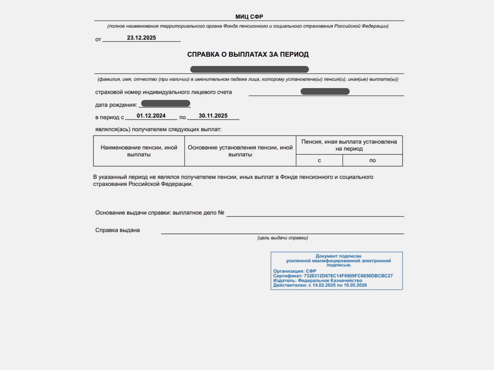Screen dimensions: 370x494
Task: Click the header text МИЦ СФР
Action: (x=249, y=17)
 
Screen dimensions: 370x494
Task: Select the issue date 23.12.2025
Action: (x=141, y=37)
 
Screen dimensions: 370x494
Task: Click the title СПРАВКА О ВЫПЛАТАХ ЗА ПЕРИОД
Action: (x=248, y=54)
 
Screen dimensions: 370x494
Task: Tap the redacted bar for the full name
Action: (x=249, y=69)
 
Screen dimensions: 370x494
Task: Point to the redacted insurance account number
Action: (x=325, y=92)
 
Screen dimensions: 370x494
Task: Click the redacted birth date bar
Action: (x=166, y=103)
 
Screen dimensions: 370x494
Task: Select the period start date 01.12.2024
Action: (x=151, y=116)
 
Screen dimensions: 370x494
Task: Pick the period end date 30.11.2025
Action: (x=213, y=116)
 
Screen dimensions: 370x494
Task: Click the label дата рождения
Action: (x=116, y=105)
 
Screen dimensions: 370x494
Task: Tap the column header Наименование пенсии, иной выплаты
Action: (x=139, y=151)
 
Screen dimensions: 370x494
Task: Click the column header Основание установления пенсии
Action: (x=240, y=151)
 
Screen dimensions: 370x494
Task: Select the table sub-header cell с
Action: (x=319, y=160)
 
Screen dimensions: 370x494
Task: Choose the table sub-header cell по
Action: (x=372, y=160)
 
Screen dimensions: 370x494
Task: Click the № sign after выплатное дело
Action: (x=221, y=213)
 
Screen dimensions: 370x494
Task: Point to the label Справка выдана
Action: (x=117, y=230)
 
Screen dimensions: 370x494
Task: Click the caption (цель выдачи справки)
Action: (x=282, y=238)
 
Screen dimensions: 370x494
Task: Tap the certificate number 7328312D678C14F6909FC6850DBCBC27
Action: (x=348, y=276)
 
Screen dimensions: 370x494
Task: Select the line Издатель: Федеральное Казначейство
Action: (x=318, y=280)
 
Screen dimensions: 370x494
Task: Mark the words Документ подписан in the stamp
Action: (x=338, y=256)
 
